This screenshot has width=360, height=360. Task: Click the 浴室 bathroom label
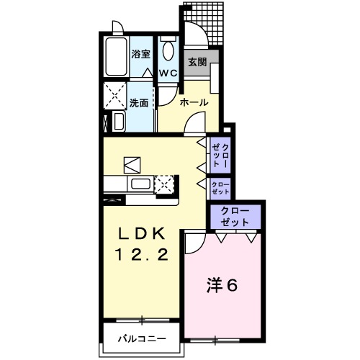[x=140, y=53]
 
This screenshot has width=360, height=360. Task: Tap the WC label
[x=168, y=73]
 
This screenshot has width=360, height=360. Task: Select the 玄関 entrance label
[x=197, y=63]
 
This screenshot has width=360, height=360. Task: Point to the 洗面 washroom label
[x=140, y=103]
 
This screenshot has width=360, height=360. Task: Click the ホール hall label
[x=194, y=103]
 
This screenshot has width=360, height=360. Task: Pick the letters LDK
[x=142, y=233]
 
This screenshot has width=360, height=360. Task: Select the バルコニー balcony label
[x=141, y=338]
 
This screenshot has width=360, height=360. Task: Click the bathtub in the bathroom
[x=116, y=58]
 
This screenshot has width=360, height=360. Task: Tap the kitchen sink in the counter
[x=138, y=184]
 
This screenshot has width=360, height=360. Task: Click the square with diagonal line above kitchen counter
[x=132, y=163]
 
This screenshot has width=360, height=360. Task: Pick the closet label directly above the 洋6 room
[x=235, y=216]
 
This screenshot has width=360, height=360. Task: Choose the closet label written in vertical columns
[x=220, y=154]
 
